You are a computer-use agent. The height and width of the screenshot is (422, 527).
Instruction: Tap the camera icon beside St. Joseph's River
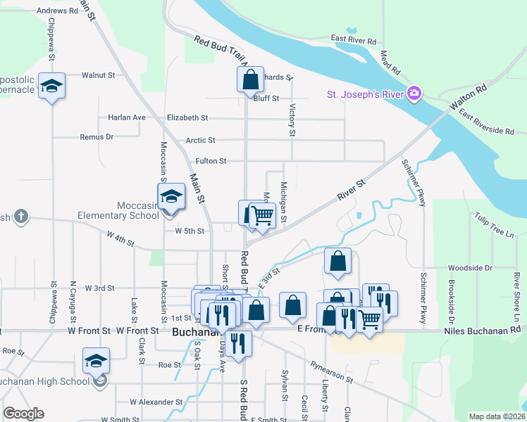click(414, 94)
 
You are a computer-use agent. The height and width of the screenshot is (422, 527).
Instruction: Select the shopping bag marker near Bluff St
click(250, 81)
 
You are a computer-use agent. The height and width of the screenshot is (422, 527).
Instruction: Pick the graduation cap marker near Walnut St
click(52, 86)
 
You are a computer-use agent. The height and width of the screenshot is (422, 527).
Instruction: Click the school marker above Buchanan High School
click(97, 361)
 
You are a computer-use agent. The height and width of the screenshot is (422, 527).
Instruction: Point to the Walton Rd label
click(471, 98)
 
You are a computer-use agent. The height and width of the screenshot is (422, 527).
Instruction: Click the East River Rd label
click(354, 41)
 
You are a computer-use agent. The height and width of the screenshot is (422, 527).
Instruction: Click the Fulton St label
click(211, 161)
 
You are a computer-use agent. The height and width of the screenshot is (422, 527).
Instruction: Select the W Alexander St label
click(156, 402)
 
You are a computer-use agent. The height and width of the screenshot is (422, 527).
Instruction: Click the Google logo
click(23, 414)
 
